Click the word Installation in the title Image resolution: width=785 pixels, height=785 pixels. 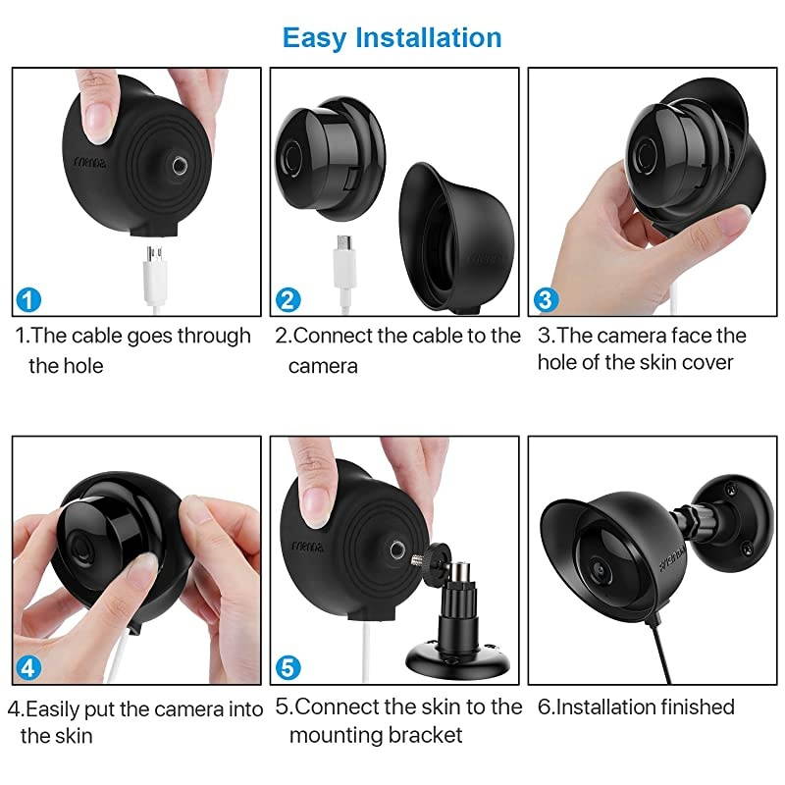pyautogui.click(x=428, y=37)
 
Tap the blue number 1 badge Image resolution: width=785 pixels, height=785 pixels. pyautogui.click(x=28, y=299)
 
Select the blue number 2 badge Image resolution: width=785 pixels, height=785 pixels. pyautogui.click(x=288, y=299)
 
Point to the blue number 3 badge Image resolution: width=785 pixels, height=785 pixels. pyautogui.click(x=546, y=299)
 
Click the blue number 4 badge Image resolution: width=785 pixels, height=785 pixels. pyautogui.click(x=28, y=668)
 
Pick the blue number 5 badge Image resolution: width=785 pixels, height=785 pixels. pyautogui.click(x=288, y=668)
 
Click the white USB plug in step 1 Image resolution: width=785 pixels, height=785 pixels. pyautogui.click(x=155, y=279)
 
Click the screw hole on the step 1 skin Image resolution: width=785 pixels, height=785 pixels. pyautogui.click(x=181, y=165)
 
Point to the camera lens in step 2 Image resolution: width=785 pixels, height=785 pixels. pyautogui.click(x=290, y=158)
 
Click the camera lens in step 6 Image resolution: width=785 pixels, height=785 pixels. pyautogui.click(x=599, y=570)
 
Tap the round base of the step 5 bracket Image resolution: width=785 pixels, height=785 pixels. pyautogui.click(x=457, y=659)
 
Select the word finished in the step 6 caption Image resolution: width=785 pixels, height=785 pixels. pyautogui.click(x=697, y=706)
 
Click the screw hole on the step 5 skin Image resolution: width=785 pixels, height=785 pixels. pyautogui.click(x=398, y=549)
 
